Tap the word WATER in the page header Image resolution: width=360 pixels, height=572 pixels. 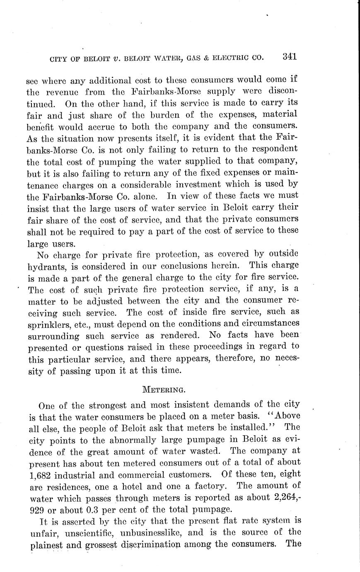pos(162,58)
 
